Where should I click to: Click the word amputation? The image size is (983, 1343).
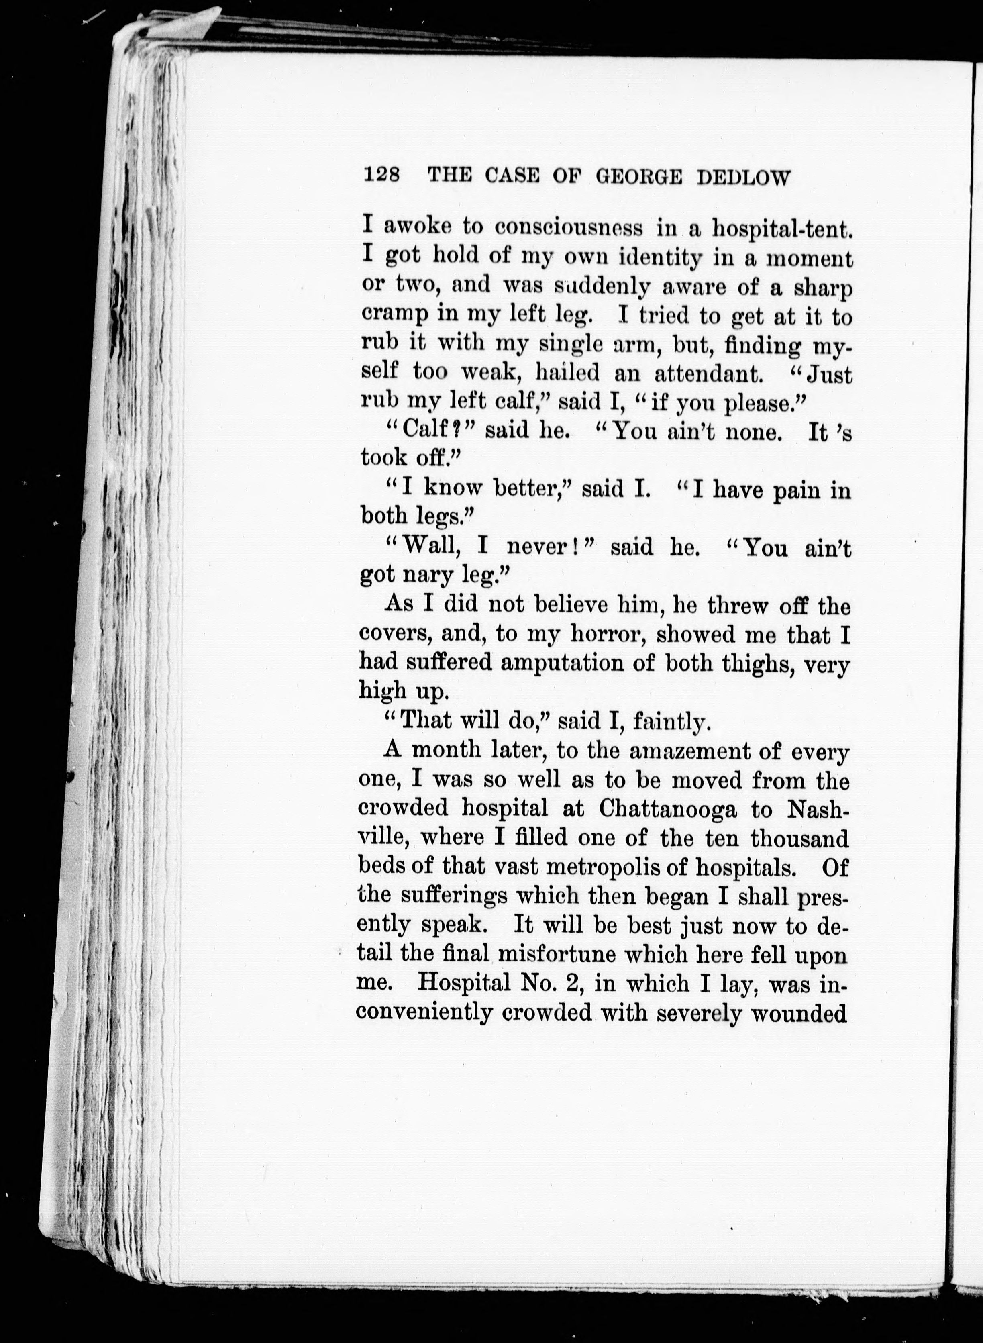561,663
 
